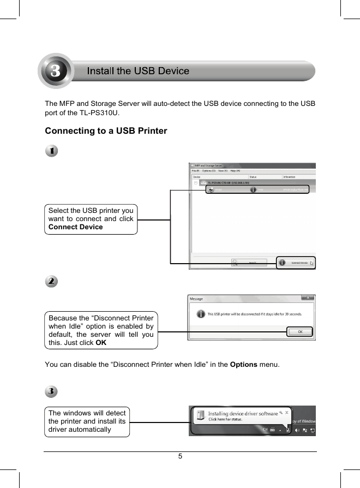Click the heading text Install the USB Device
click(x=139, y=71)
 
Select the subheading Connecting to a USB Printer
click(x=106, y=131)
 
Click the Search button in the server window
click(x=250, y=263)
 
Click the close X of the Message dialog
click(x=308, y=298)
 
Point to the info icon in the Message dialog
click(x=201, y=314)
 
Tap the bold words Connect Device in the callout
click(x=76, y=227)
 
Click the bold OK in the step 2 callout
click(x=101, y=342)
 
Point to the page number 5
click(x=180, y=456)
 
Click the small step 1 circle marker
click(x=51, y=151)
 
